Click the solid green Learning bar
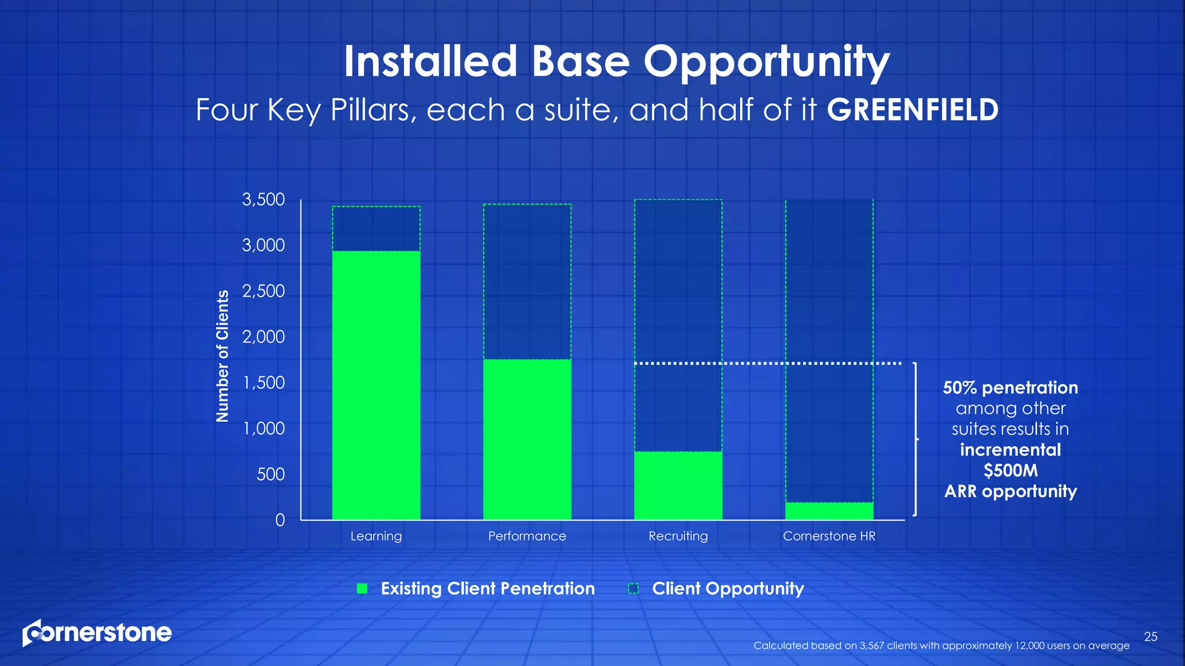pyautogui.click(x=376, y=385)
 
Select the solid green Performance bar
pyautogui.click(x=527, y=439)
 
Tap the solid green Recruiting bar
pyautogui.click(x=678, y=486)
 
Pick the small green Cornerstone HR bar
pyautogui.click(x=829, y=511)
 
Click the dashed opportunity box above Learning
pyautogui.click(x=376, y=228)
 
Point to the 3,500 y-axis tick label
pyautogui.click(x=263, y=199)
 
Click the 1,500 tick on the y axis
pyautogui.click(x=264, y=383)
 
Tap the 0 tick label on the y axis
pyautogui.click(x=280, y=520)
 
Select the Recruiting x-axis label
pyautogui.click(x=678, y=536)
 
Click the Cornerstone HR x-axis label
pyautogui.click(x=829, y=536)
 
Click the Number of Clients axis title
pyautogui.click(x=222, y=356)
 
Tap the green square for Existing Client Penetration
pyautogui.click(x=362, y=589)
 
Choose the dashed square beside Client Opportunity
pyautogui.click(x=634, y=589)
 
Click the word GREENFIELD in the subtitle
pyautogui.click(x=912, y=110)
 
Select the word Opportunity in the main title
pyautogui.click(x=767, y=62)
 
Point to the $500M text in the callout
pyautogui.click(x=1011, y=471)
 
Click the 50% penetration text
pyautogui.click(x=1010, y=387)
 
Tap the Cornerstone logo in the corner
pyautogui.click(x=97, y=632)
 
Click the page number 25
pyautogui.click(x=1151, y=637)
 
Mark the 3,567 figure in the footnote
pyautogui.click(x=872, y=646)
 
